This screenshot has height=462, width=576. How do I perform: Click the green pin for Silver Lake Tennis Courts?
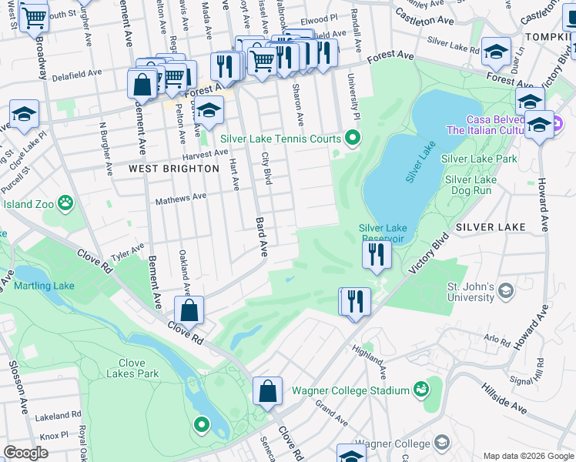point(353,139)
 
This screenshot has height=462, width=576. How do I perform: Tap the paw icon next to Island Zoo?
point(68,204)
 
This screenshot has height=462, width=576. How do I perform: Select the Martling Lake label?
point(44,286)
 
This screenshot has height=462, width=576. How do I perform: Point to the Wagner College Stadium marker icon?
point(420,390)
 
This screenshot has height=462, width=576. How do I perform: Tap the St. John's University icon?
point(505,290)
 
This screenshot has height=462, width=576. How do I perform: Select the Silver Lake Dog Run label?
point(470,185)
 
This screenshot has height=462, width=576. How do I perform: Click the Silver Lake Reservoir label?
point(383,233)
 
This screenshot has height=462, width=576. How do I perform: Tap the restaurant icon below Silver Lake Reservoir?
point(376,255)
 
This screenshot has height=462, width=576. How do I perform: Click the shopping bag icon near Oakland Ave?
point(189,311)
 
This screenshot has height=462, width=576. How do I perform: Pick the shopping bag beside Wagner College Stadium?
point(267,391)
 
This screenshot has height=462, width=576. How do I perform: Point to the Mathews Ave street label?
point(181,197)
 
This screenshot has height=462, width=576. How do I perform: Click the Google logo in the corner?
point(25,453)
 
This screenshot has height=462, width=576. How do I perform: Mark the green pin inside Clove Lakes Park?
point(202,423)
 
